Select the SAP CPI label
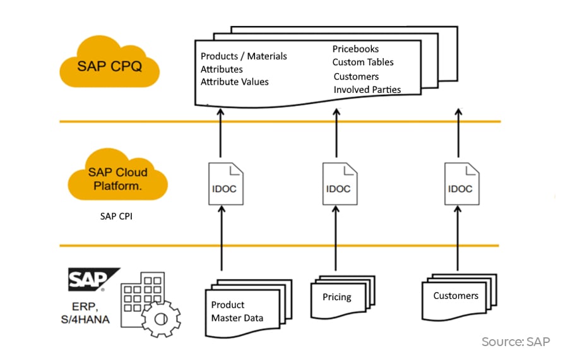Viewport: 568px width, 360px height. click(117, 216)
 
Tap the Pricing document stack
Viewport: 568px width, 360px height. click(341, 297)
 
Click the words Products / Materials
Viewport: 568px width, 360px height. click(244, 56)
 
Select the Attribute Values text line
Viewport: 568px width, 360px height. click(234, 81)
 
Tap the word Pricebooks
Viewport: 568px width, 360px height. click(355, 49)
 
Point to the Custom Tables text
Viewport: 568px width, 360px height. click(363, 62)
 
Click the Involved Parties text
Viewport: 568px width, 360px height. click(367, 89)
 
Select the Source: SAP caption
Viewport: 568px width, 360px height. click(515, 342)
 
